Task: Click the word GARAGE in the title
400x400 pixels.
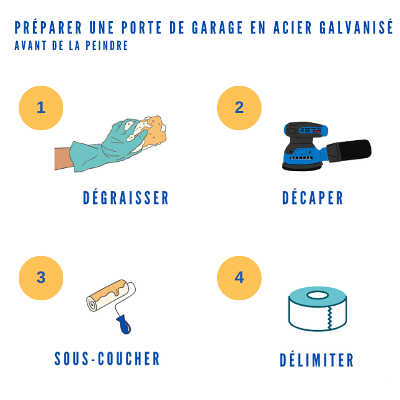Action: coord(209,28)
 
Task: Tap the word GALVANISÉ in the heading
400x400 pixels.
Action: coord(357,28)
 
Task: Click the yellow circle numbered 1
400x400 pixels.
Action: coord(41,108)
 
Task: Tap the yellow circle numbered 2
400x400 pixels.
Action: coord(239,108)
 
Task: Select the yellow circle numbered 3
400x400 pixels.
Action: coord(41,278)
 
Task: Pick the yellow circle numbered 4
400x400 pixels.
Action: coord(239,278)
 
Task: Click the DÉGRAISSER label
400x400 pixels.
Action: coord(126,198)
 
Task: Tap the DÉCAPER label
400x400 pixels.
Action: coord(313,198)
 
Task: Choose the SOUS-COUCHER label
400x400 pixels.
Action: coord(107,359)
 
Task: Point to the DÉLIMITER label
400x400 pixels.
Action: coord(317,360)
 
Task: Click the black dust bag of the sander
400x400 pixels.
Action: coord(350,150)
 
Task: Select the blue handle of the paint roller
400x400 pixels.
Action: coord(123,324)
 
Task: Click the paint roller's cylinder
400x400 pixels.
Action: coord(110,296)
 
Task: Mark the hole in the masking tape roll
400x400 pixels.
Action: coord(318,295)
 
